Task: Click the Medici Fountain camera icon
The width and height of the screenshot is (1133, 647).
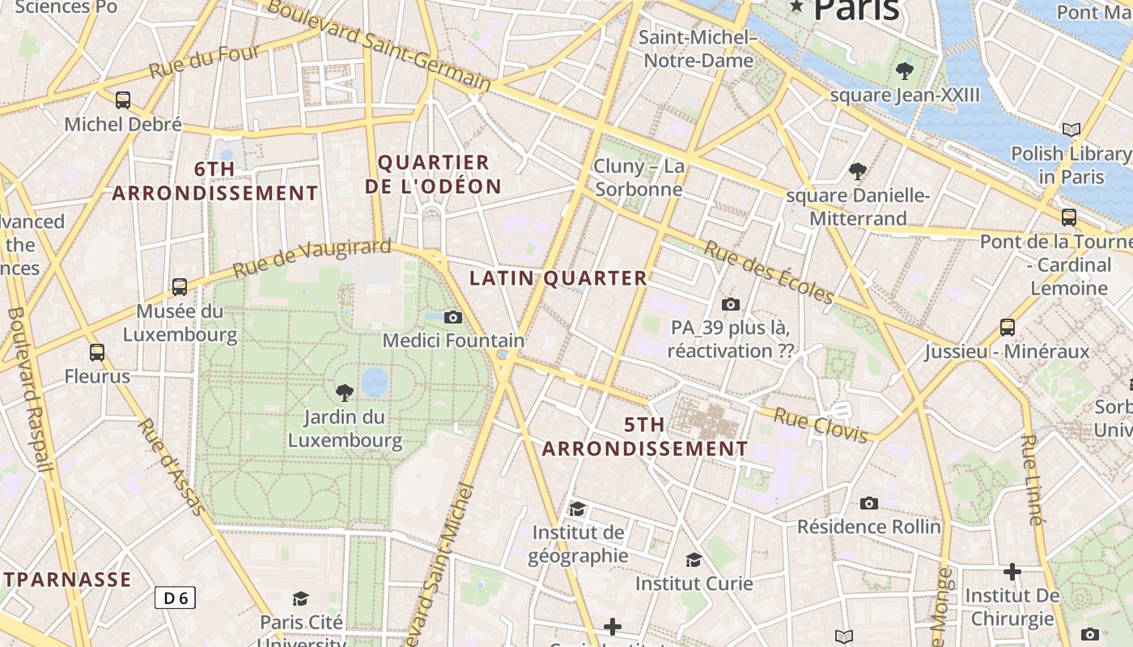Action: tap(453, 317)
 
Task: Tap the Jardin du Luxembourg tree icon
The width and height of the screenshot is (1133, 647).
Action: tap(345, 393)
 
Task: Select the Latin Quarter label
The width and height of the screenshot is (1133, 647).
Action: tap(558, 279)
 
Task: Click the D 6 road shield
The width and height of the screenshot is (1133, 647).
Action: tap(175, 598)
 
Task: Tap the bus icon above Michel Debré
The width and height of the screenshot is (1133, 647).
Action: tap(123, 100)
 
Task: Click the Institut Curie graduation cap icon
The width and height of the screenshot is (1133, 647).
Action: tap(694, 560)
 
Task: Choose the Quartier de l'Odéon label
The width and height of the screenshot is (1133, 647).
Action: tap(434, 175)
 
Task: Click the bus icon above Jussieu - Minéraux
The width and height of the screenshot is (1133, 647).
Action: tap(1008, 328)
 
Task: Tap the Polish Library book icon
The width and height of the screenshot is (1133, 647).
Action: tap(1071, 129)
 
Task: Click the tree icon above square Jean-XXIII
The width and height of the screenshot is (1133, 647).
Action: tap(905, 72)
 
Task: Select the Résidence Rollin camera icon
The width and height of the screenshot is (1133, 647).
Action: tap(869, 504)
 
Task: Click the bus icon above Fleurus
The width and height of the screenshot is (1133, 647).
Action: tap(97, 353)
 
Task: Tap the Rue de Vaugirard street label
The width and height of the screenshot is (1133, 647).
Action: tap(312, 258)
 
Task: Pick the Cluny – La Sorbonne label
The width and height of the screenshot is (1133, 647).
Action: tap(639, 178)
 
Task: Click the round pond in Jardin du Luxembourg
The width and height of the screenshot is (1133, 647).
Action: tap(374, 382)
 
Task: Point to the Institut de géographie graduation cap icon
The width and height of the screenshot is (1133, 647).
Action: tap(577, 509)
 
